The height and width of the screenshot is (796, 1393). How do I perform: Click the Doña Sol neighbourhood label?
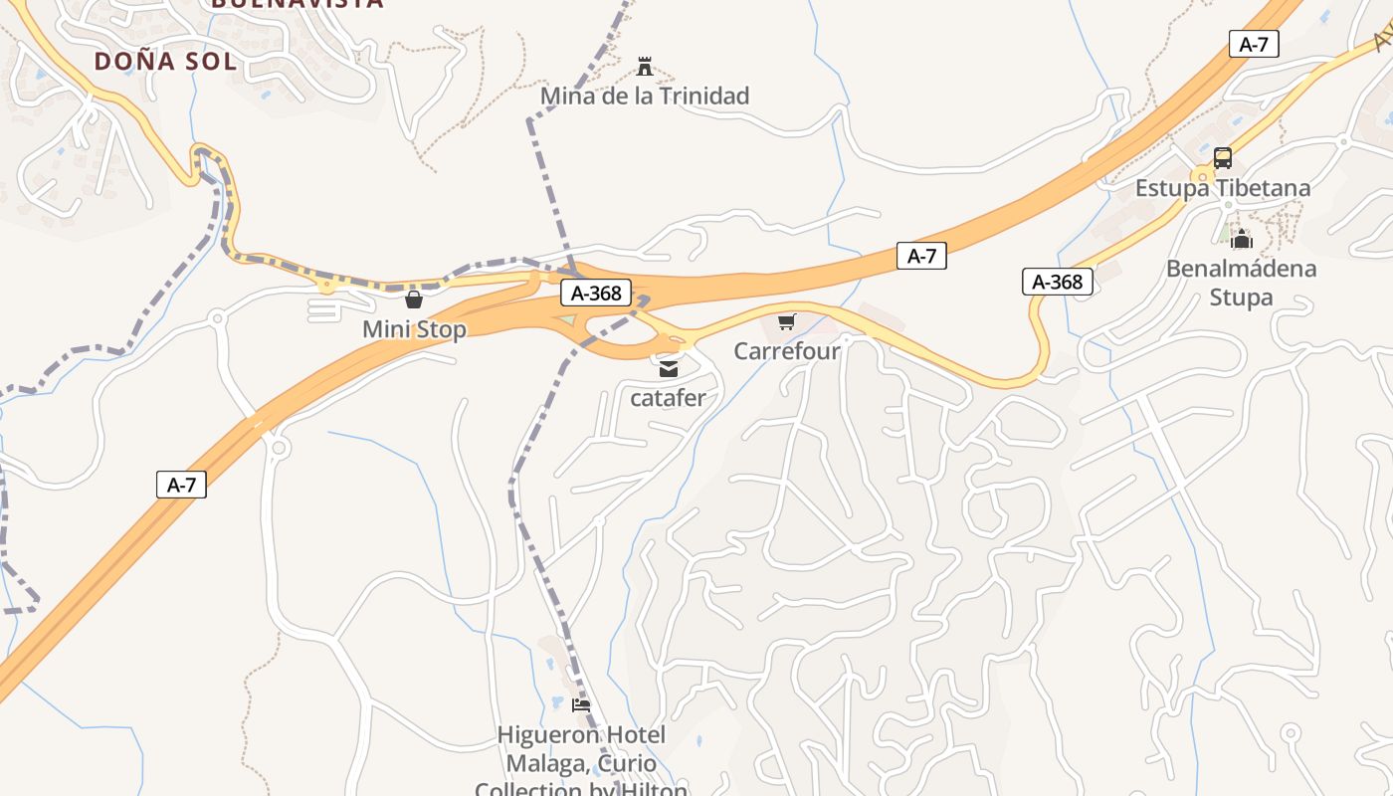(x=165, y=62)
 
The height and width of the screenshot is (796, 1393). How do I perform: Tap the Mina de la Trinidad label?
(x=644, y=97)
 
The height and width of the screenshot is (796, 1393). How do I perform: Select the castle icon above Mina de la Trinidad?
(x=645, y=67)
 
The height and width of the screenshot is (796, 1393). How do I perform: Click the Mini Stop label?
(x=414, y=329)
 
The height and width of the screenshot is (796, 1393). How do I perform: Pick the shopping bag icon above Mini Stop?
(x=414, y=299)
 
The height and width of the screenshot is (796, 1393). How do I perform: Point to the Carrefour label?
(x=787, y=351)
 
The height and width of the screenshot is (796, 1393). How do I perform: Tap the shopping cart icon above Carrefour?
(x=787, y=321)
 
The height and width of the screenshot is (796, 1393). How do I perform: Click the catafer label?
(x=669, y=398)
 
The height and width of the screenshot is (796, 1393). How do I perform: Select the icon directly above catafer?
(x=669, y=369)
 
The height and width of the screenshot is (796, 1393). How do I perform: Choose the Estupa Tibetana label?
(x=1223, y=188)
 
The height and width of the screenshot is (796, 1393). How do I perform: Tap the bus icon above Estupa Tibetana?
(x=1223, y=158)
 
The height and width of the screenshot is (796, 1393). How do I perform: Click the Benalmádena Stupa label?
(x=1241, y=283)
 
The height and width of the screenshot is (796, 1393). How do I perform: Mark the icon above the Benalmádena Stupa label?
(x=1241, y=239)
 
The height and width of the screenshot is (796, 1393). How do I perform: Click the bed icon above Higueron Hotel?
(x=582, y=705)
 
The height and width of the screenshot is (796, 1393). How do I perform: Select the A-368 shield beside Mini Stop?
(x=596, y=293)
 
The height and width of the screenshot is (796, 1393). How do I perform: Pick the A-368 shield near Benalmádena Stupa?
(x=1058, y=282)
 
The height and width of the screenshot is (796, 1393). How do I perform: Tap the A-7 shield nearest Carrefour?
(x=921, y=256)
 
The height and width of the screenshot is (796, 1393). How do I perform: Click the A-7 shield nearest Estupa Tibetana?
(x=1254, y=44)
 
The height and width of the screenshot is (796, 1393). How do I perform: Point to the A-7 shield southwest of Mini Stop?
(x=181, y=486)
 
